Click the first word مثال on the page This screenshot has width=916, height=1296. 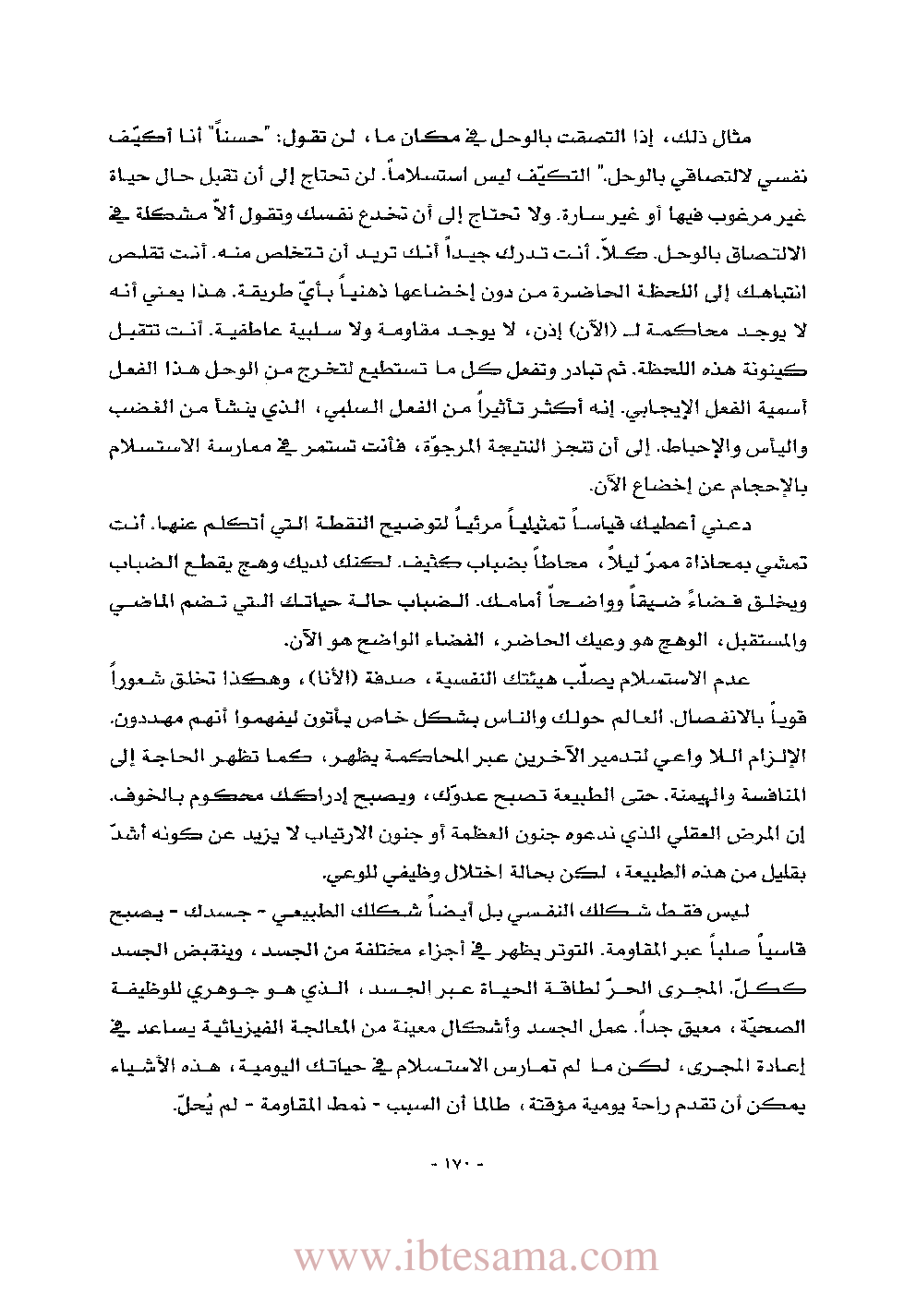point(733,139)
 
